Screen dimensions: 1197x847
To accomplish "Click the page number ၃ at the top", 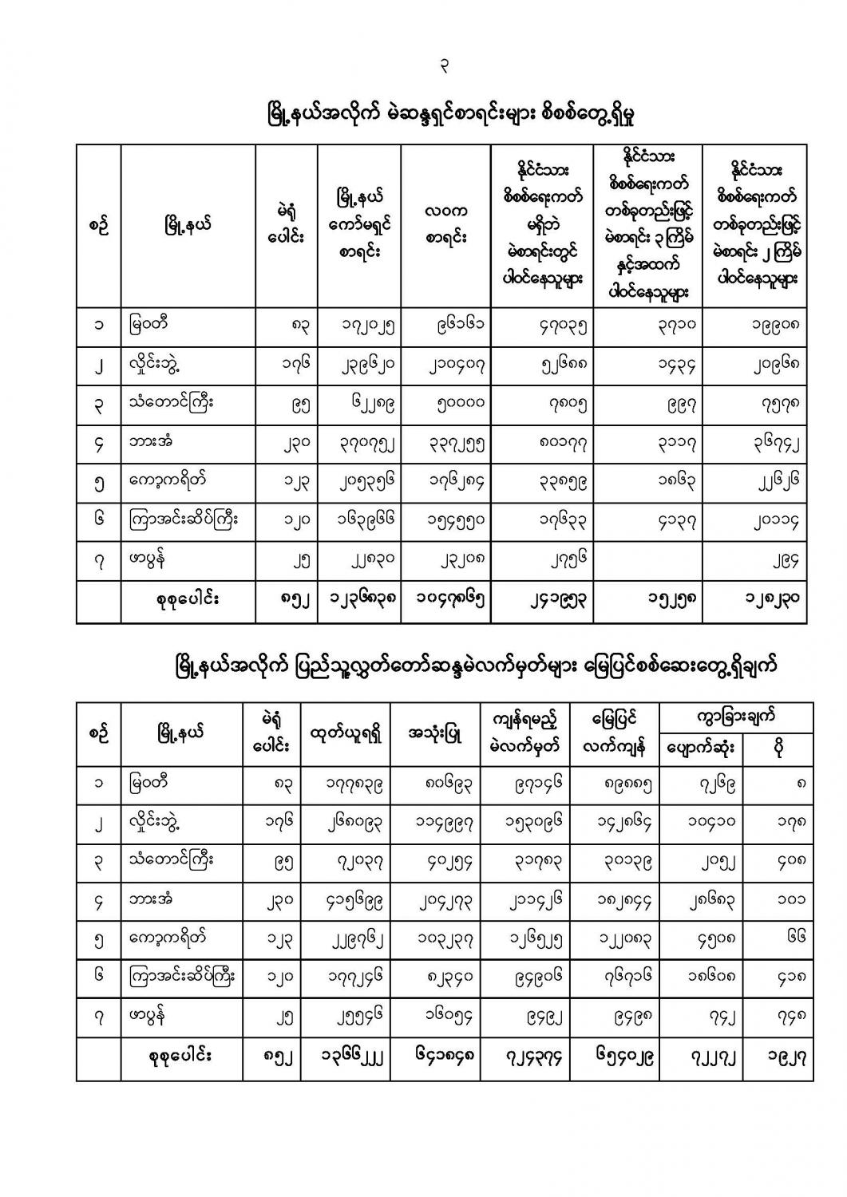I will pyautogui.click(x=444, y=67).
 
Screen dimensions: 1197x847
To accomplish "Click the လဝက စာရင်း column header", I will pyautogui.click(x=445, y=224).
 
